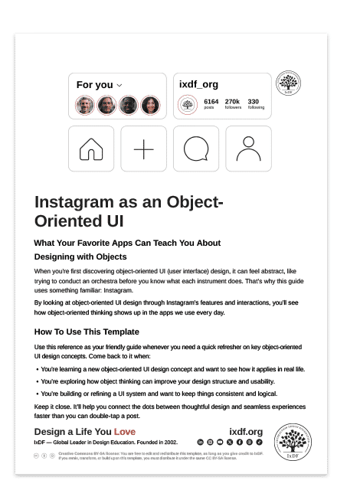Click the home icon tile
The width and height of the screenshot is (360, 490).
coord(92,149)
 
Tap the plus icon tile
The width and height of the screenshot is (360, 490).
coord(143,149)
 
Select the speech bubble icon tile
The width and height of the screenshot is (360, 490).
coord(196,149)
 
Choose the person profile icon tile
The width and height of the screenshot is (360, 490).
coord(248,149)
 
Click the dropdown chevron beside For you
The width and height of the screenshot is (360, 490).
coord(119,85)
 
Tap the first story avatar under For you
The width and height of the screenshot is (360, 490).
coord(84,105)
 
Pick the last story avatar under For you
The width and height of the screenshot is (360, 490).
coord(149,105)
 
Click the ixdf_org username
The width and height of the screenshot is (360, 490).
coord(198,84)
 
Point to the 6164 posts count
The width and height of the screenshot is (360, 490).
coord(211,103)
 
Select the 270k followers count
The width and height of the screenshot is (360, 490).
coord(232,103)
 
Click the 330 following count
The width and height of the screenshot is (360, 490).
coord(255,103)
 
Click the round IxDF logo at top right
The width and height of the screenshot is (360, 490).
coord(288,85)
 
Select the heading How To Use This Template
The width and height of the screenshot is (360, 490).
coord(87,332)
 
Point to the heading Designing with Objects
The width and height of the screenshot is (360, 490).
coord(80,256)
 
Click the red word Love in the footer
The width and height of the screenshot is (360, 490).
coord(125,432)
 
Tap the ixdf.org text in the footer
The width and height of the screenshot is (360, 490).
coord(246,432)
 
